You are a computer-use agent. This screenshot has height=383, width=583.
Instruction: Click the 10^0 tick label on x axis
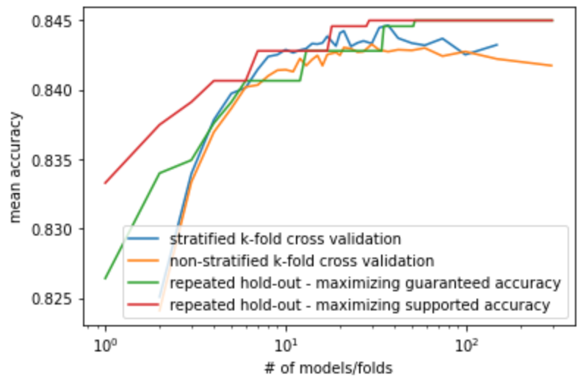[106, 345]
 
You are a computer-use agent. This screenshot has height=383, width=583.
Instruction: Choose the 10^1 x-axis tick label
[286, 345]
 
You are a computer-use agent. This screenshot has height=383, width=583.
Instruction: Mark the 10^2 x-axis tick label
[467, 345]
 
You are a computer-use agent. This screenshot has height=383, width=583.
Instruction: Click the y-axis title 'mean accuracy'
[15, 167]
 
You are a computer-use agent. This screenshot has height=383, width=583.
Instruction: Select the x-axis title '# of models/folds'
[329, 368]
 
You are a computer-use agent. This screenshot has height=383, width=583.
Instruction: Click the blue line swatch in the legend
[143, 238]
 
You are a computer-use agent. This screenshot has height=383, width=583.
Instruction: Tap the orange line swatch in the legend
[143, 260]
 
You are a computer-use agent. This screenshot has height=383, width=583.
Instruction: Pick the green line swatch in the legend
[143, 282]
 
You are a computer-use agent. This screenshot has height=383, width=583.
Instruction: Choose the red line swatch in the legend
[143, 305]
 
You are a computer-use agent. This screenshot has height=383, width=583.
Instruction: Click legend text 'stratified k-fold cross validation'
[286, 239]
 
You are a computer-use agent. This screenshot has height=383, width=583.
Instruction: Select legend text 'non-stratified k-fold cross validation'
[302, 261]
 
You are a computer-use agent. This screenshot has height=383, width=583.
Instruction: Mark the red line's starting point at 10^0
[105, 183]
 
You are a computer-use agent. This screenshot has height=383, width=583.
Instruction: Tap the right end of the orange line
[552, 66]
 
